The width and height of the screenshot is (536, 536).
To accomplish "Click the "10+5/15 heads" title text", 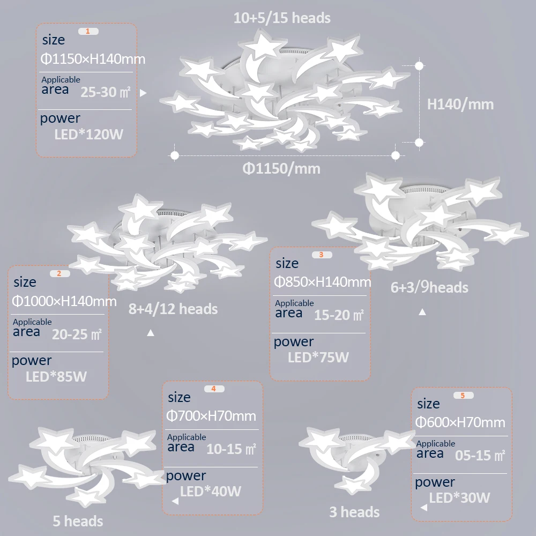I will tap(282, 18).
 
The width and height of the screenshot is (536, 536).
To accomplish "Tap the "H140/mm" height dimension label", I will tap(460, 104).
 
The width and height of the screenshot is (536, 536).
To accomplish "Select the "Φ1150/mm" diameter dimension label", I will tap(281, 169).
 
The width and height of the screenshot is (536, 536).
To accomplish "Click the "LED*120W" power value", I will tap(88, 134).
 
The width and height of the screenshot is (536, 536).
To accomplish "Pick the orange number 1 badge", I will tap(88, 31).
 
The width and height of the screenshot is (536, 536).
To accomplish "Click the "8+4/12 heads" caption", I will tap(173, 309).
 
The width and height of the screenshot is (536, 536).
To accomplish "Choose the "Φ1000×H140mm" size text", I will tap(64, 301).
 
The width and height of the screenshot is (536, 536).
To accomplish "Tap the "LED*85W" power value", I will tap(56, 377).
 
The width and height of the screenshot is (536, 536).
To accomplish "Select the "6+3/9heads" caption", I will tap(429, 288).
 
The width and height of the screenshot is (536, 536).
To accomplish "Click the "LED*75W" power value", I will tap(318, 358).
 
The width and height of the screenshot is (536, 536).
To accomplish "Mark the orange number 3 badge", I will tap(321, 255).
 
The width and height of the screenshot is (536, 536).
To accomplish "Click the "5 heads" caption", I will tap(78, 520).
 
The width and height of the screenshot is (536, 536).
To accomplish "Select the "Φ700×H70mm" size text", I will tap(211, 416).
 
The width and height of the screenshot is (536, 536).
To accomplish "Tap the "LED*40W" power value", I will tap(211, 491).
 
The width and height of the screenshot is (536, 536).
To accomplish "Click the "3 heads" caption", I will tap(354, 512).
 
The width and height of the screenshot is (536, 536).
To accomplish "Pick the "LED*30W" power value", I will tap(459, 498).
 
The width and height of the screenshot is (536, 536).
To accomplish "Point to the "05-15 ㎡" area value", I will tap(480, 456).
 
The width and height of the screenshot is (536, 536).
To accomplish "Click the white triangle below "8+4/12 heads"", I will tap(151, 333).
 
